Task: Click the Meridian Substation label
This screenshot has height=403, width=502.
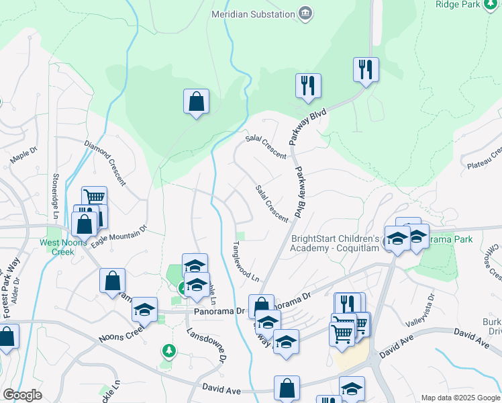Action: (253, 13)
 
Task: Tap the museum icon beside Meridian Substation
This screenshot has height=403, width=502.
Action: (306, 14)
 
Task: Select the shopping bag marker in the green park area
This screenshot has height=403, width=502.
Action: (196, 102)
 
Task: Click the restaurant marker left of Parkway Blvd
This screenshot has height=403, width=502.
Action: (308, 86)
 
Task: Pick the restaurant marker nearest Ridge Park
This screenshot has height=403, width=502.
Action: (366, 70)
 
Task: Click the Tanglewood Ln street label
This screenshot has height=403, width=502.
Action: (246, 261)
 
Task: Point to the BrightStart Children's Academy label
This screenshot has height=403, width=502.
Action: (336, 243)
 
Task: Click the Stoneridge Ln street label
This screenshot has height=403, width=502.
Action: (56, 195)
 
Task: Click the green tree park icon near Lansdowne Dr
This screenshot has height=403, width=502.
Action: (168, 351)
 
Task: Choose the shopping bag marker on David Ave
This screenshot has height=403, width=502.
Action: (287, 388)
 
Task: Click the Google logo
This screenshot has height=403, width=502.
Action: (22, 395)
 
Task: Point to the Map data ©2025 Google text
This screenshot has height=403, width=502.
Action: (460, 398)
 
